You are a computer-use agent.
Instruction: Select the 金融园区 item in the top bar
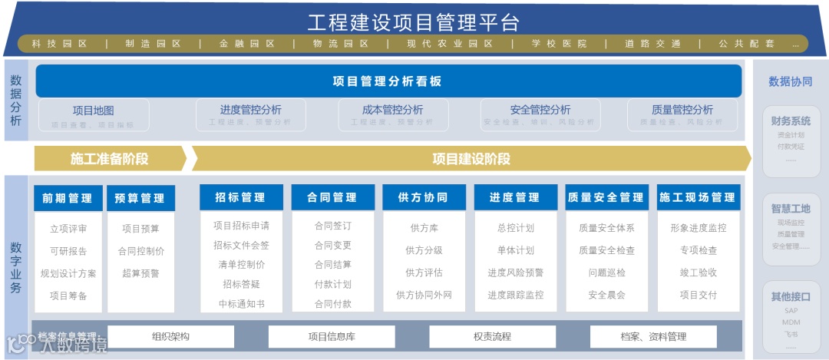(x=246, y=44)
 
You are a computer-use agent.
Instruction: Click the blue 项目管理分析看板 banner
(x=388, y=81)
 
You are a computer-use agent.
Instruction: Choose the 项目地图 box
(x=93, y=114)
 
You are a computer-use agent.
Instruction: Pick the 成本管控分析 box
(x=392, y=114)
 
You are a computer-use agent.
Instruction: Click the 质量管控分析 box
(x=682, y=114)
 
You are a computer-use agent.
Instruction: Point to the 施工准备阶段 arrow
(x=109, y=159)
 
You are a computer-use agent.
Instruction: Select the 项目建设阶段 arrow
(x=471, y=159)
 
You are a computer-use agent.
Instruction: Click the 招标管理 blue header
(x=242, y=197)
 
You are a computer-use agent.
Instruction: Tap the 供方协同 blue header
(x=424, y=197)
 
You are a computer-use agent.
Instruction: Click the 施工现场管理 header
(x=697, y=197)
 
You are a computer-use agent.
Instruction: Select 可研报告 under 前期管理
(x=68, y=251)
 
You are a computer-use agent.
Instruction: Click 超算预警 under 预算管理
(x=140, y=273)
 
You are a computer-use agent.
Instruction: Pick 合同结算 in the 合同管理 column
(x=332, y=265)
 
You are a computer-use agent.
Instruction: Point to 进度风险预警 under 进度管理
(x=515, y=272)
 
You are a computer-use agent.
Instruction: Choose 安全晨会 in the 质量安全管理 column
(x=606, y=295)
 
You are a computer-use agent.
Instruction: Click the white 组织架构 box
(x=170, y=336)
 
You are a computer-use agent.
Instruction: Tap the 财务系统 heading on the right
(x=791, y=121)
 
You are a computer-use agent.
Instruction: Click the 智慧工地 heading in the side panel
(x=791, y=208)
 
